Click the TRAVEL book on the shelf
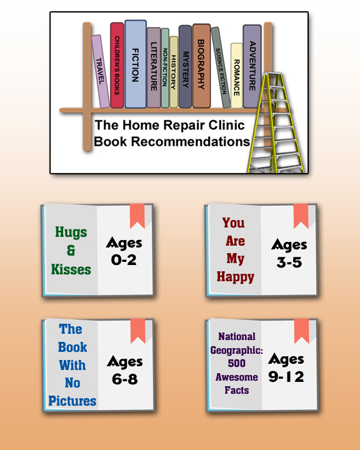coord(100,71)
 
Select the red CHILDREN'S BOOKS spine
coord(117,65)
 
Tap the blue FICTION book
coord(136,64)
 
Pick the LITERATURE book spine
coord(154,67)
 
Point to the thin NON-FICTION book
coord(165,67)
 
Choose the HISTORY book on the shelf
coord(173,72)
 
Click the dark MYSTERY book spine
coord(185,67)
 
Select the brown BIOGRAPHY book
coord(201,66)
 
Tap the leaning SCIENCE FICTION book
coord(221,67)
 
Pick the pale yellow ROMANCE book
coord(236,76)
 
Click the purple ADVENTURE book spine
coord(252,66)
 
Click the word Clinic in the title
coord(226,125)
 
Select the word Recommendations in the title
coord(191,141)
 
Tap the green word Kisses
coord(71,269)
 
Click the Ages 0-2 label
coord(124,251)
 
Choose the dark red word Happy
coord(236,277)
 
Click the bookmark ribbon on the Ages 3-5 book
coord(301,216)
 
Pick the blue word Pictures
coord(72,401)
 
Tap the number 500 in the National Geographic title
coord(236,363)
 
